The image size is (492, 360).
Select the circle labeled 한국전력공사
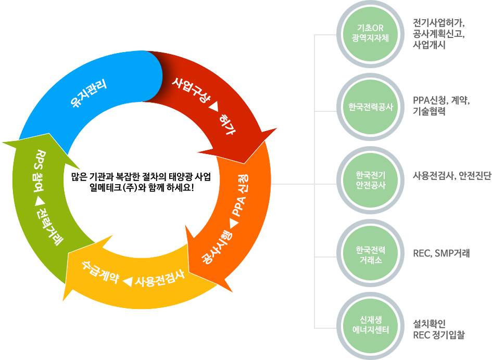pyautogui.click(x=370, y=107)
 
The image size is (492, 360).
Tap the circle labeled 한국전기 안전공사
pyautogui.click(x=370, y=180)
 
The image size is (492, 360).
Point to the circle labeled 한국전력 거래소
pyautogui.click(x=370, y=253)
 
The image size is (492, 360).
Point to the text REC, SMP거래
pyautogui.click(x=441, y=254)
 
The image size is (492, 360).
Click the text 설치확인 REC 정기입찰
pyautogui.click(x=438, y=329)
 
